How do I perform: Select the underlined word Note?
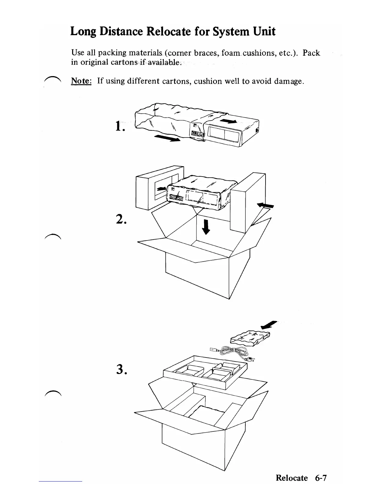click(81, 81)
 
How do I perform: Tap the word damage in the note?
click(288, 81)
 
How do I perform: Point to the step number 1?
click(120, 126)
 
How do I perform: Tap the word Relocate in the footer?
click(291, 478)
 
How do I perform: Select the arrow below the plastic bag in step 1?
click(167, 139)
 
